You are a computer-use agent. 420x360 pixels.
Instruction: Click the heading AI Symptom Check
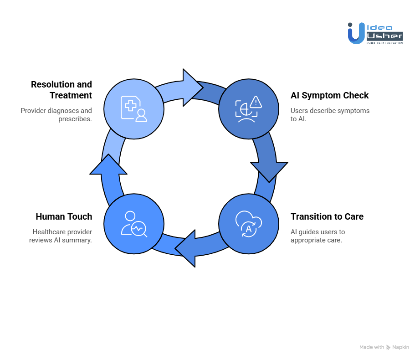pos(329,96)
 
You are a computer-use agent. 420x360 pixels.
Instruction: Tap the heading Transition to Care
pos(327,216)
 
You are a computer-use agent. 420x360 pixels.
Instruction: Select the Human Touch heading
pos(64,216)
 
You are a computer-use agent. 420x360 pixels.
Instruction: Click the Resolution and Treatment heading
pos(61,90)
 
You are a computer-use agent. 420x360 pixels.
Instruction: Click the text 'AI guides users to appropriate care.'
pos(318,236)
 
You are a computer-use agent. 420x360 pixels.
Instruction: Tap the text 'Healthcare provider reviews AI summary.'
pos(60,236)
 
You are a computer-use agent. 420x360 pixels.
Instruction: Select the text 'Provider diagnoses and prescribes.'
pos(56,114)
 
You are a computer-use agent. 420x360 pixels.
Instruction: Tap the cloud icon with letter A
pos(249,224)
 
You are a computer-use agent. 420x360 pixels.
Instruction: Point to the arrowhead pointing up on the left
pos(108,165)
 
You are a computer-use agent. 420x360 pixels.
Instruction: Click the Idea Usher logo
pos(375,33)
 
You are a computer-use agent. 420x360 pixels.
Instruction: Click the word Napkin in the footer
pos(401,347)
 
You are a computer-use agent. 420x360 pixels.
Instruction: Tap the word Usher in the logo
pos(384,36)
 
